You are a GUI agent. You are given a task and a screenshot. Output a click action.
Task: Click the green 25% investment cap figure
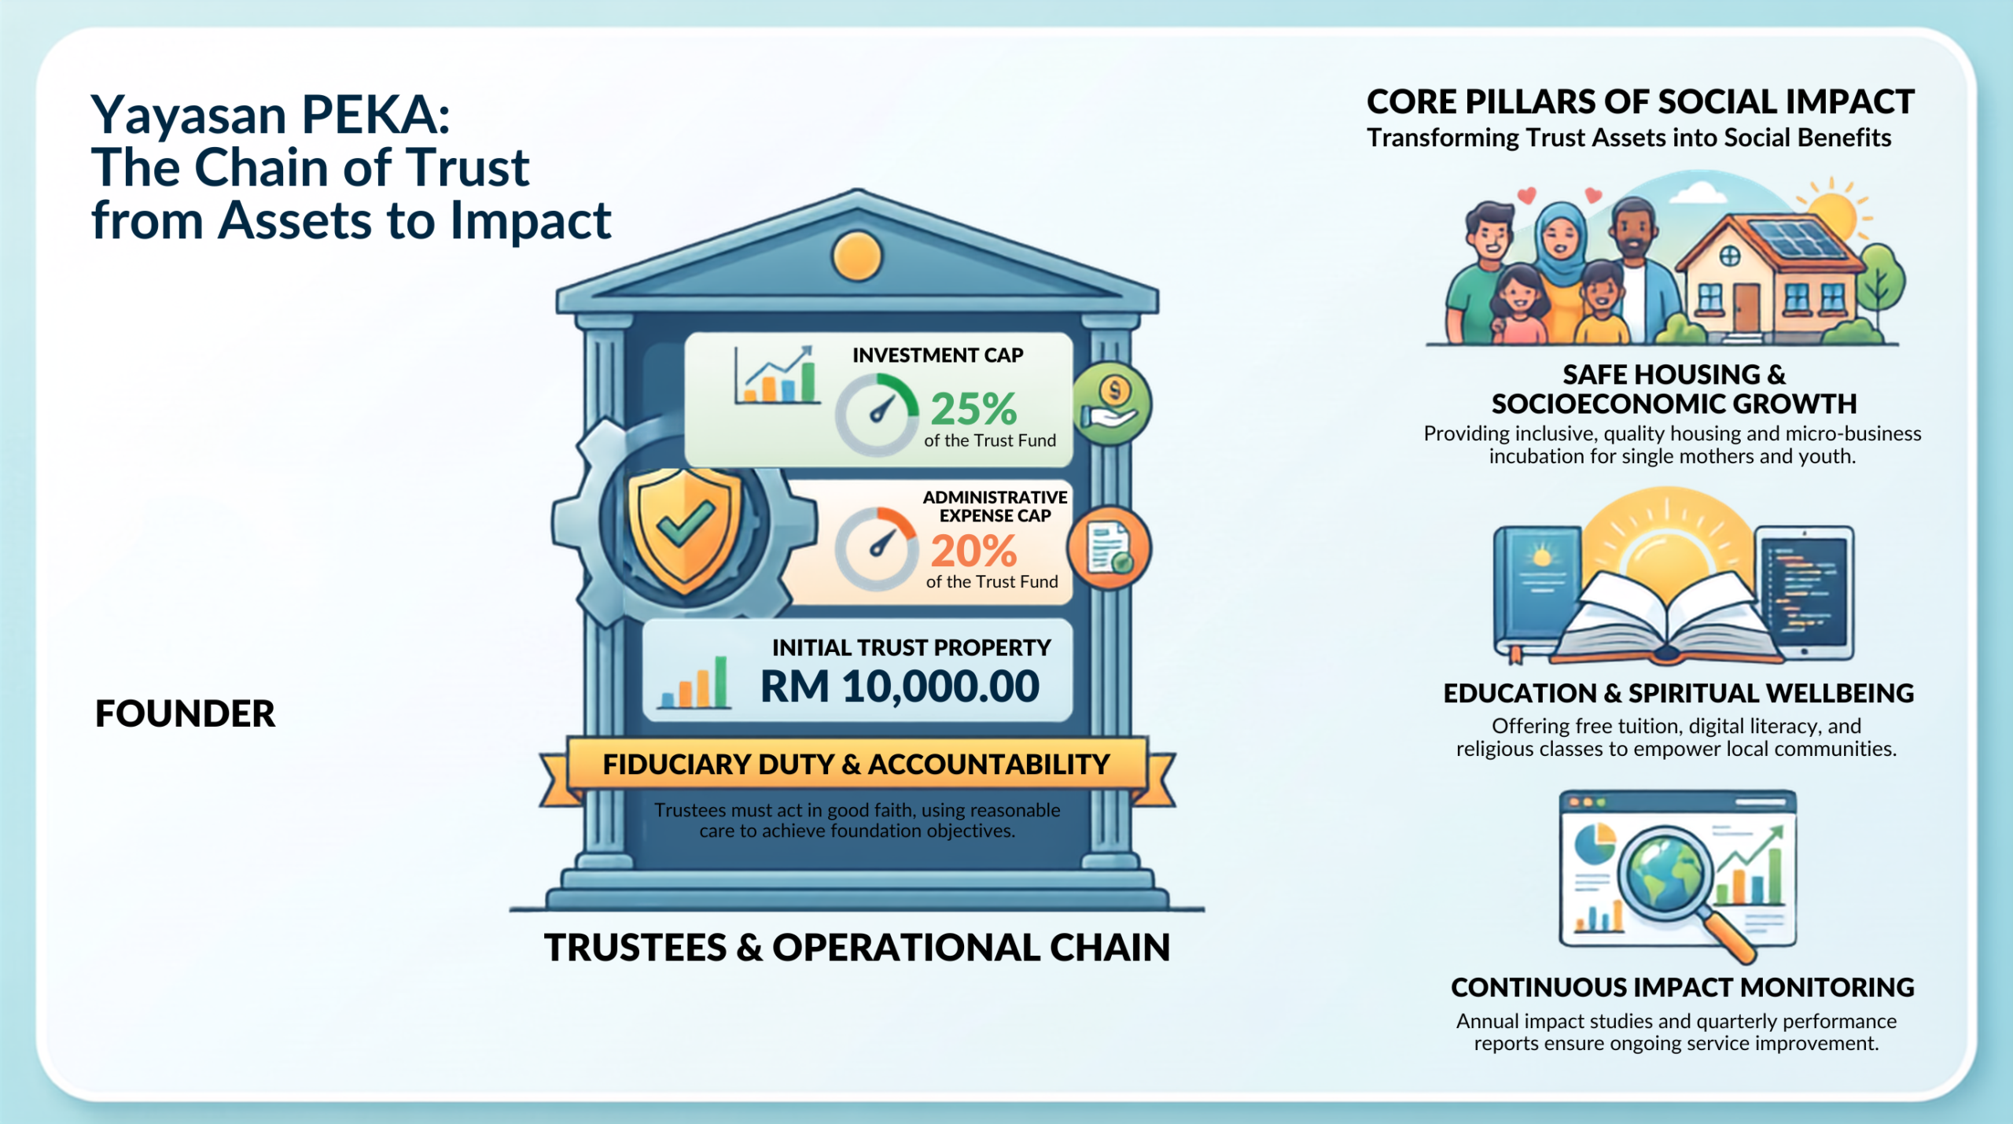pyautogui.click(x=973, y=408)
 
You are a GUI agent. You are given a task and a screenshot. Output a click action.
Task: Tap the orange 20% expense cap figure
pyautogui.click(x=973, y=551)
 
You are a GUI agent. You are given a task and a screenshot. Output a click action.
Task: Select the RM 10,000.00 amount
pyautogui.click(x=900, y=686)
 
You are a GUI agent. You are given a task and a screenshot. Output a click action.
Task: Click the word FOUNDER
pyautogui.click(x=185, y=714)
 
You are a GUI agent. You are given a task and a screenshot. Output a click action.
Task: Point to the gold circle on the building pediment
pyautogui.click(x=857, y=256)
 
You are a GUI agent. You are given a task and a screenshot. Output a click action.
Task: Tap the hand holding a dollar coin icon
pyautogui.click(x=1110, y=404)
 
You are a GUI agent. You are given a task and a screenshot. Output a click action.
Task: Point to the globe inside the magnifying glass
pyautogui.click(x=1665, y=872)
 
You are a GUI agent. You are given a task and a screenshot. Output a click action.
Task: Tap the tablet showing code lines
pyautogui.click(x=1805, y=594)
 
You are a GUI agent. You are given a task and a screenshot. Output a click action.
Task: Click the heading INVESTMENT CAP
pyautogui.click(x=937, y=356)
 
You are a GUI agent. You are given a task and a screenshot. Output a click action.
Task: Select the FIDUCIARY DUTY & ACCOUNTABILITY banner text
pyautogui.click(x=856, y=765)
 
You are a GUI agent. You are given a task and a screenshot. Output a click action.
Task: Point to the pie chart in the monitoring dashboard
pyautogui.click(x=1595, y=843)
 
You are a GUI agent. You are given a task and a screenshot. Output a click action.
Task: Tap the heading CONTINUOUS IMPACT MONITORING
pyautogui.click(x=1682, y=987)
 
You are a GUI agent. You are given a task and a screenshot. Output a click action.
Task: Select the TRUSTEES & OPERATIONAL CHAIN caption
pyautogui.click(x=857, y=947)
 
